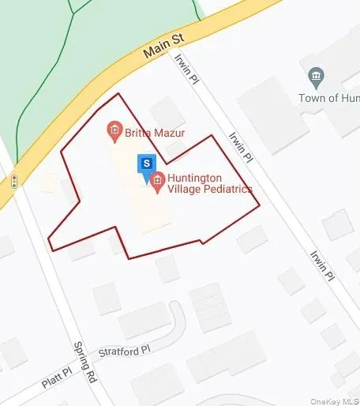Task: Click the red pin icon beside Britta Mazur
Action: pyautogui.click(x=114, y=130)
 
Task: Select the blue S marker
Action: pyautogui.click(x=146, y=164)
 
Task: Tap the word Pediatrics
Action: pyautogui.click(x=226, y=190)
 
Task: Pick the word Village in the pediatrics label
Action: pyautogui.click(x=183, y=190)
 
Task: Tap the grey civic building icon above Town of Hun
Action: pyautogui.click(x=316, y=77)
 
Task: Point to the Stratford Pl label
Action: pyautogui.click(x=123, y=350)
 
